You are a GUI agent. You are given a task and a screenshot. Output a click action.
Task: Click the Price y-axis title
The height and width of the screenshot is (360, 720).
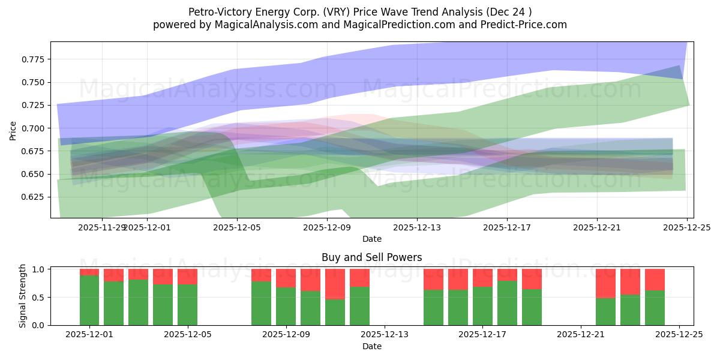click(13, 130)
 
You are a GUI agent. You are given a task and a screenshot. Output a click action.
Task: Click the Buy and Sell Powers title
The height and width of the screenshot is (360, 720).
click(371, 257)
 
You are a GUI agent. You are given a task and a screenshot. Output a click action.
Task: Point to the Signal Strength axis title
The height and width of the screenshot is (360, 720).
click(23, 296)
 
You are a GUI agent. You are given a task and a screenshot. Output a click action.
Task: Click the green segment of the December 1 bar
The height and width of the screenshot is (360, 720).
click(89, 300)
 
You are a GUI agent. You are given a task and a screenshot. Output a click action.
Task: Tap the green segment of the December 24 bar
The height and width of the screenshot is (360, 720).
click(655, 308)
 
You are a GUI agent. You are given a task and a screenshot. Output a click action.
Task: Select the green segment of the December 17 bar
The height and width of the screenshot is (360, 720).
click(482, 306)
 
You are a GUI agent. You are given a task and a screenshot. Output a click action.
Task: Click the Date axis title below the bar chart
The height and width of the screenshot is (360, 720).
click(371, 346)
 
